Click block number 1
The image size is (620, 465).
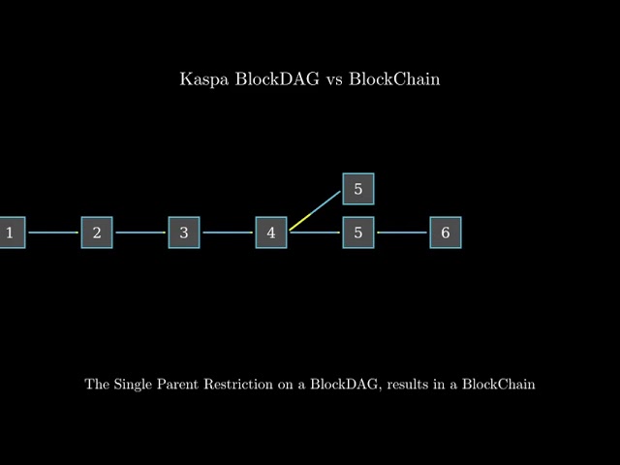[x=10, y=232]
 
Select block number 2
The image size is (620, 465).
[x=97, y=232]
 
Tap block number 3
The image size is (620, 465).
[x=184, y=232]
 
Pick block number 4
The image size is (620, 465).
[x=271, y=232]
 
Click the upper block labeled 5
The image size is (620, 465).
[x=358, y=189]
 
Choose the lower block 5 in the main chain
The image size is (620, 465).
[x=358, y=232]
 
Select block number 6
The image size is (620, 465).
[x=446, y=232]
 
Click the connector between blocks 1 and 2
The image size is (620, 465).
[x=53, y=232]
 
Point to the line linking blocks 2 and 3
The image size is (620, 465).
[x=140, y=232]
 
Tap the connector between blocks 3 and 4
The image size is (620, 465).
[x=228, y=232]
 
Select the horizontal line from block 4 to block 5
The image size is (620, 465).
[x=315, y=232]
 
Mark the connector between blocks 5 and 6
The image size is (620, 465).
[x=402, y=232]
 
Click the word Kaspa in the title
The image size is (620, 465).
[x=200, y=79]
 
